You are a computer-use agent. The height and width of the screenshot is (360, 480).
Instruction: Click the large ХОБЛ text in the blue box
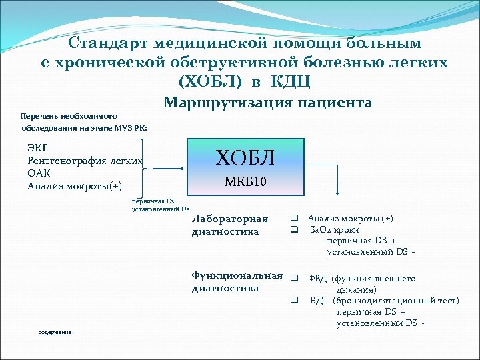coord(245,158)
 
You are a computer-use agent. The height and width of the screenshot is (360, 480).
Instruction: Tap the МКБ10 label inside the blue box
coord(245,181)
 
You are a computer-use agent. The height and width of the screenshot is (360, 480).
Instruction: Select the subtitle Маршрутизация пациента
coord(267,103)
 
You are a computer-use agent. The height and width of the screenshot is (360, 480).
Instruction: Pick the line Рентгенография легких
coord(85,161)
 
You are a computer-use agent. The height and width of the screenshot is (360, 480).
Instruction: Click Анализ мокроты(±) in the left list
coord(75,185)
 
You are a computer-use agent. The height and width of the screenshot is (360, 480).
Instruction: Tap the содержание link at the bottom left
coord(55,332)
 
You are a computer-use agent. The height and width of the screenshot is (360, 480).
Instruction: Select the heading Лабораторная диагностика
coord(229,225)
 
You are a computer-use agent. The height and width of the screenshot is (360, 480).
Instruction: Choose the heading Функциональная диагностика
coord(237,282)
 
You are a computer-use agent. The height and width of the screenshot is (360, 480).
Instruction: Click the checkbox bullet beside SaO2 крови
coord(293,230)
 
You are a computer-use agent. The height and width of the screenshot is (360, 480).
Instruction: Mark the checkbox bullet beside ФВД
coord(293,277)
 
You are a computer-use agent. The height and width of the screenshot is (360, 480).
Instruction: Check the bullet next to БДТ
coord(293,301)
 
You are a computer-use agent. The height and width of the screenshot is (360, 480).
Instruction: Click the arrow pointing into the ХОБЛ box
coord(170,169)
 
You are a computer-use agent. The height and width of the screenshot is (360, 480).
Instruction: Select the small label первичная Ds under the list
coord(153,200)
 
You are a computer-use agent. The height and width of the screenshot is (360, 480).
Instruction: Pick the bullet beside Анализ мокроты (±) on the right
coord(293,218)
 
